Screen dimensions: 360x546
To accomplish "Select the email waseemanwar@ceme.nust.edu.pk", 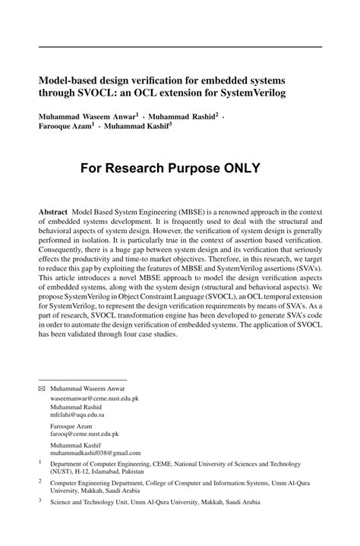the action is click(94, 397).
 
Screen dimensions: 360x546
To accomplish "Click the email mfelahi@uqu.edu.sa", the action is click(77, 416).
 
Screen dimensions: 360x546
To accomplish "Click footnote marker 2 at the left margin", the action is click(41, 480).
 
